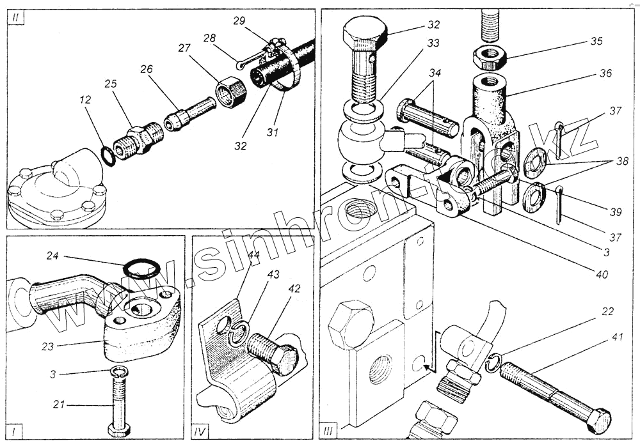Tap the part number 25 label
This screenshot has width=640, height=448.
(x=110, y=84)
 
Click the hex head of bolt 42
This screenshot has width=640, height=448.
(x=285, y=359)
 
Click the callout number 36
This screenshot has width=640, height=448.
(x=605, y=73)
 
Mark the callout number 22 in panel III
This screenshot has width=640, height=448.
(x=607, y=312)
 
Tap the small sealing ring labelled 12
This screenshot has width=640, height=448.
(x=109, y=156)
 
